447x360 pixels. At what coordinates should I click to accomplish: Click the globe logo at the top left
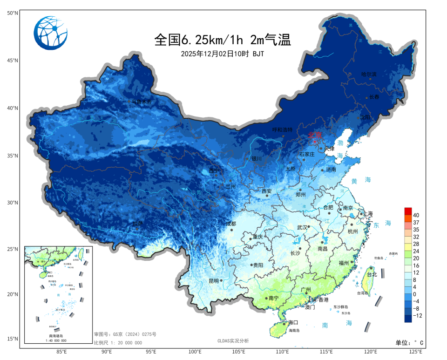(51, 33)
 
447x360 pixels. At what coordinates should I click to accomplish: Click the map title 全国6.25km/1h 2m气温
(223, 40)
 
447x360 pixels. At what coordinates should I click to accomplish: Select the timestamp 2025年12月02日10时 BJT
(223, 54)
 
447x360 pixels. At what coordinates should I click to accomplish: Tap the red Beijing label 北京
(315, 135)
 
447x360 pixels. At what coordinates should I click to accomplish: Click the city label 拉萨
(137, 224)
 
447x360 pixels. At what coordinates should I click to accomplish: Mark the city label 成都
(231, 224)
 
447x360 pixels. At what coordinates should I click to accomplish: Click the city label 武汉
(302, 227)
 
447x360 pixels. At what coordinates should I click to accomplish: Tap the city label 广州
(306, 289)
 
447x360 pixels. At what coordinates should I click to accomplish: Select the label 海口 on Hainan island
(293, 322)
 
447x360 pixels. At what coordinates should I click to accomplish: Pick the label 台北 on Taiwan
(372, 274)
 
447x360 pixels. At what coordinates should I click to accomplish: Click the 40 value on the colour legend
(416, 215)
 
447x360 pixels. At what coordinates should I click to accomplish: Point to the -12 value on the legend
(417, 316)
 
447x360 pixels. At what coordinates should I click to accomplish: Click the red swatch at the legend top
(408, 211)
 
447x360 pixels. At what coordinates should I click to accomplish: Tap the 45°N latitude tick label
(13, 61)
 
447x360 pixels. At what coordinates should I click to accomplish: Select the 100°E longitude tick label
(195, 352)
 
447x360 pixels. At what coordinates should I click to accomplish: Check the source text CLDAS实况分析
(233, 341)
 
